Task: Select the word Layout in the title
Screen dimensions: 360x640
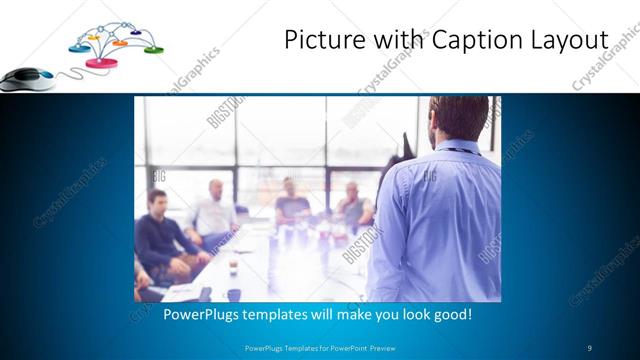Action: coord(569,40)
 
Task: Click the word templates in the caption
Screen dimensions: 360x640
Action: coord(290,314)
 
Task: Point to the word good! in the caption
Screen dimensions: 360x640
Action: coord(450,314)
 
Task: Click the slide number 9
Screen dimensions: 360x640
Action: coord(589,348)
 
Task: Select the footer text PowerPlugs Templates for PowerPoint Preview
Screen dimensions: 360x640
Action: coord(319,348)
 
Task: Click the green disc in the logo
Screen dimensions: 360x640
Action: coord(153,49)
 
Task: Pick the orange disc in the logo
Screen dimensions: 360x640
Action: coord(120,43)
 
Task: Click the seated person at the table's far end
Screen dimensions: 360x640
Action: coord(291,201)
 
